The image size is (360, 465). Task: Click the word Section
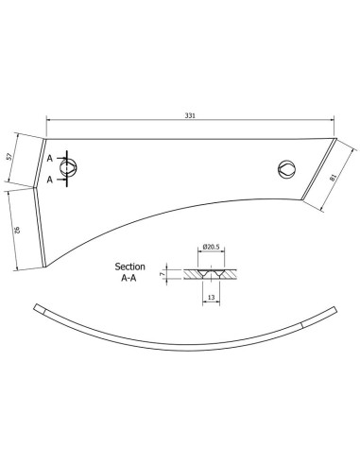(130, 267)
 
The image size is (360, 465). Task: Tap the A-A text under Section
(130, 280)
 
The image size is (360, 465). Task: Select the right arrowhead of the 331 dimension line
(334, 119)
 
